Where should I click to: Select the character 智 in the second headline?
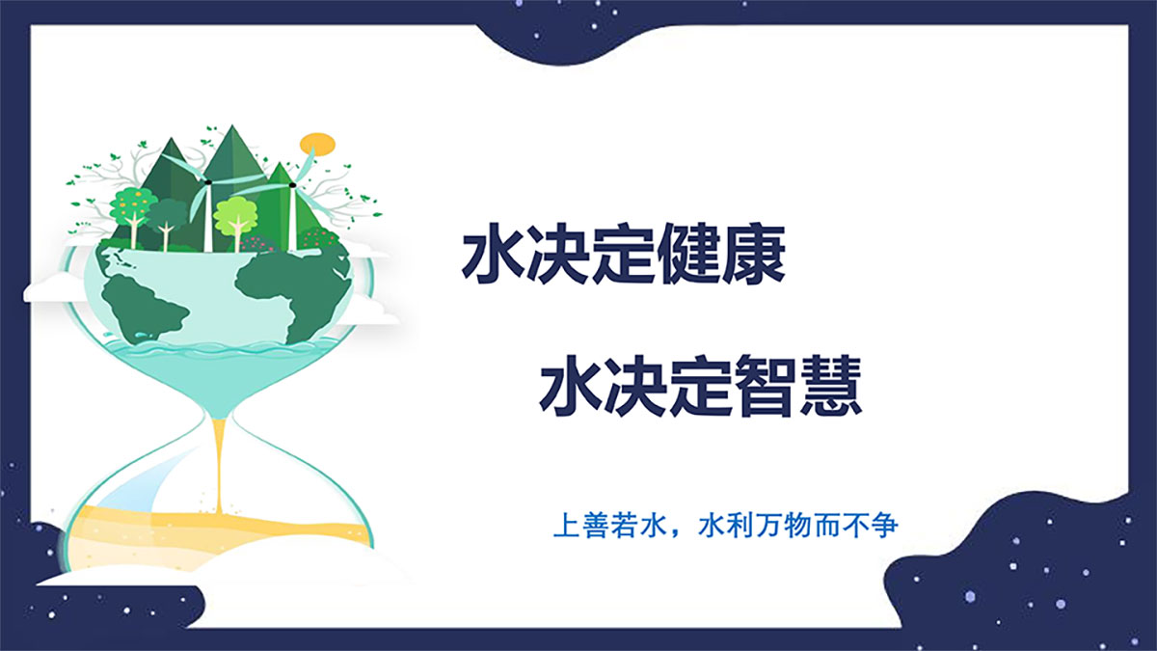pos(766,386)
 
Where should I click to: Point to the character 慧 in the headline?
pos(830,386)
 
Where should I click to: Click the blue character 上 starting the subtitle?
pos(566,525)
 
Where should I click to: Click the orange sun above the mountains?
pos(317,144)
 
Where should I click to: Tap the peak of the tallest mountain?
pos(232,125)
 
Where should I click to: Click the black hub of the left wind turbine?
pos(208,182)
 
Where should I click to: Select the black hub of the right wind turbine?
pos(292,184)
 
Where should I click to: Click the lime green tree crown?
pos(235,216)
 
